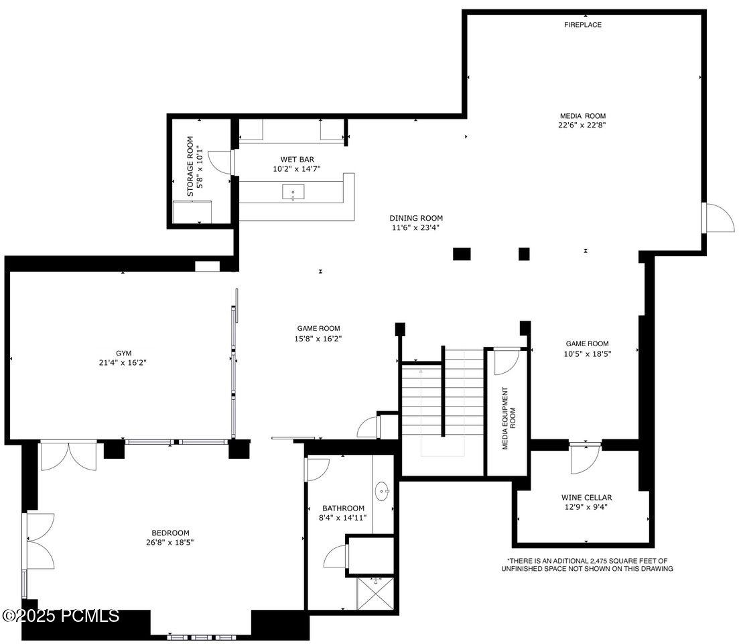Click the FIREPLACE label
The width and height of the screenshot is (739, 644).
[x=582, y=25]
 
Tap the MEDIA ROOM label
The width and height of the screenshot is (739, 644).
[x=582, y=116]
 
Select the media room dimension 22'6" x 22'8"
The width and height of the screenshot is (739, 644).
[x=582, y=125]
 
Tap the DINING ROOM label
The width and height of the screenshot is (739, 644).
[x=416, y=218]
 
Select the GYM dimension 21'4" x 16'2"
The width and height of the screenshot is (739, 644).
[x=122, y=362]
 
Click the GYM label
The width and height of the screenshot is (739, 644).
[x=123, y=353]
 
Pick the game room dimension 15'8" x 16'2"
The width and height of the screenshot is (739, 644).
[x=320, y=339]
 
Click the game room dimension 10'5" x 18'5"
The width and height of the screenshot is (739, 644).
[x=587, y=353]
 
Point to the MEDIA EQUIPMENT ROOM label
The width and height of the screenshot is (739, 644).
[x=509, y=418]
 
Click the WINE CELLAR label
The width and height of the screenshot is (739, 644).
[x=586, y=498]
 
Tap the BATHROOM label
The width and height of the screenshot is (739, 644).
[x=343, y=508]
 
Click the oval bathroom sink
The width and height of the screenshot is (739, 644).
[x=383, y=491]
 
